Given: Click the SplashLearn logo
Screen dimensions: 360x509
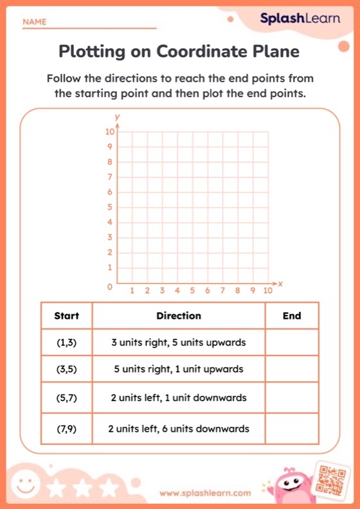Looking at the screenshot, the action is point(300,19).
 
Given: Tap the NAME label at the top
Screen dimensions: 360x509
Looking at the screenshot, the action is point(35,22).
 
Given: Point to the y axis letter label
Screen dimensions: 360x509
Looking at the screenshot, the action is point(117,117).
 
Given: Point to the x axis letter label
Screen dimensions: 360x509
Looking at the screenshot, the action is point(281,283).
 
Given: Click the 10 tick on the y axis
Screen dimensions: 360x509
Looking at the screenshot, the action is point(110,131).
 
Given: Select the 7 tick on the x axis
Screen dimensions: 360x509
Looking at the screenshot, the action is point(222,291).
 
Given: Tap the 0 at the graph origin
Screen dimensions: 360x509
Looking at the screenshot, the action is point(110,287).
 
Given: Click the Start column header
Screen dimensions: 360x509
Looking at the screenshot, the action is point(67,316).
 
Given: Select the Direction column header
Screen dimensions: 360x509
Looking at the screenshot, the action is point(179,316).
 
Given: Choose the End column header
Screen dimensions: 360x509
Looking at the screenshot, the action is point(292,316).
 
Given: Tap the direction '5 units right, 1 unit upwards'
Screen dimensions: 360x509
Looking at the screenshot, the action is point(179,370).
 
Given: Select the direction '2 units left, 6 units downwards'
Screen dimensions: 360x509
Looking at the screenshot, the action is point(179,429).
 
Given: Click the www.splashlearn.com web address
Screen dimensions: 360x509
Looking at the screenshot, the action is point(204,493).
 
